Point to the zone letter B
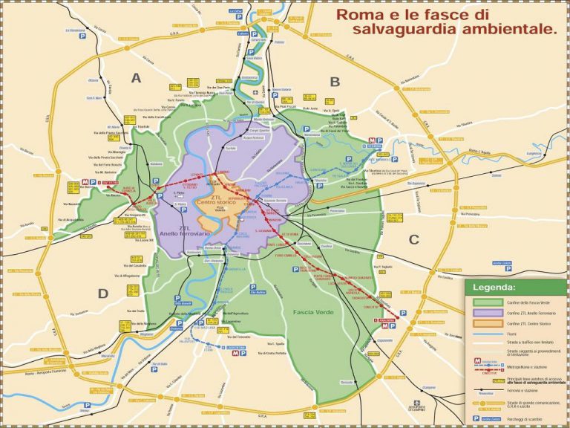(x=335, y=82)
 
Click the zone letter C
(x=414, y=239)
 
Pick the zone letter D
(x=103, y=292)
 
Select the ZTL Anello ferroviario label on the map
(x=182, y=232)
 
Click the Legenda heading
(x=495, y=287)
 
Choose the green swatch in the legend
(x=482, y=302)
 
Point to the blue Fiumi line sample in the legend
(x=482, y=337)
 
